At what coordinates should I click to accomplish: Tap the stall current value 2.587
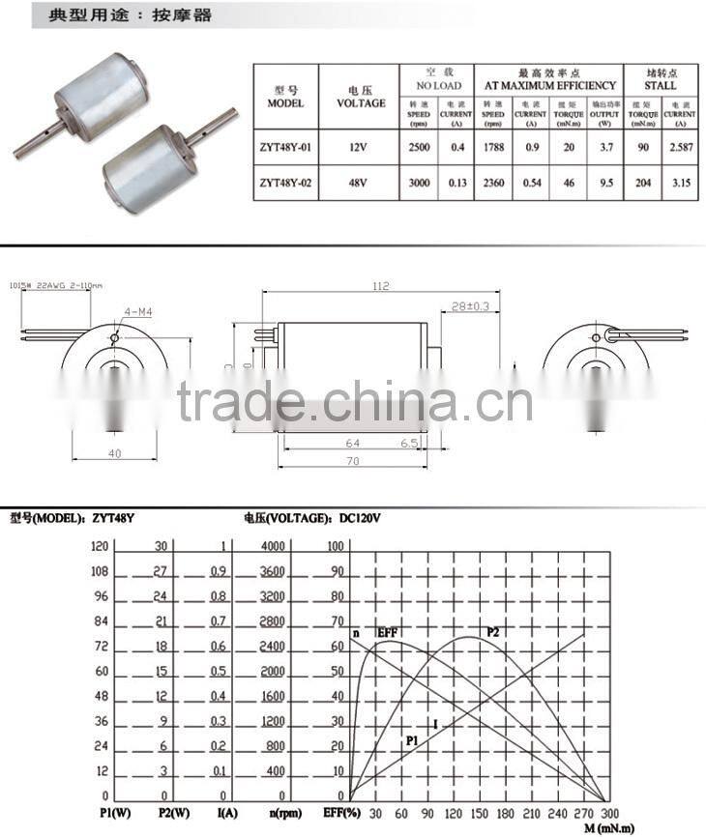681,148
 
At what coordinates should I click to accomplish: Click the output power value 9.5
604,182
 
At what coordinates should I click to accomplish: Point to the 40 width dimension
115,452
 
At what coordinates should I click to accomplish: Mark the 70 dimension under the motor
353,462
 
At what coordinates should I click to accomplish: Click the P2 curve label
492,631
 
